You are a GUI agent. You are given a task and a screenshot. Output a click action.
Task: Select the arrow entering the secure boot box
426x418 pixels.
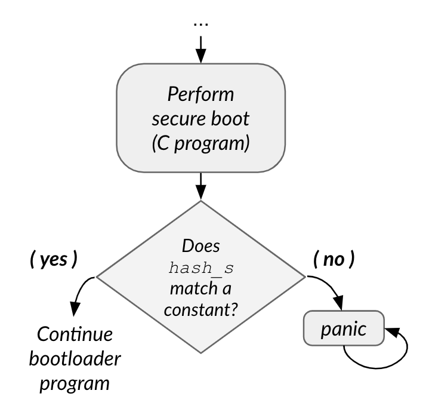[x=200, y=50]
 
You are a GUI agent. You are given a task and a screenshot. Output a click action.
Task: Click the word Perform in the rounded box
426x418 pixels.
[x=200, y=95]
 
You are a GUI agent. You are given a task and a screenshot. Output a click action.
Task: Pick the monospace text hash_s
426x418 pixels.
[x=200, y=267]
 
